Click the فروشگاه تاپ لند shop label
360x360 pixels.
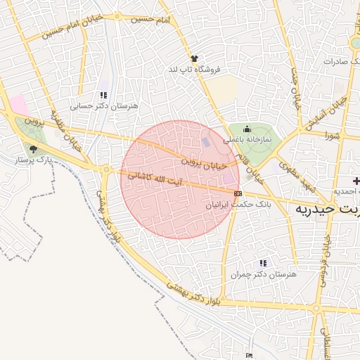194,70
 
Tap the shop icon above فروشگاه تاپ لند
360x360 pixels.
194,58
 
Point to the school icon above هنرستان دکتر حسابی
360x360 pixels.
103,95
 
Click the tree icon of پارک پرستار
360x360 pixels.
32,148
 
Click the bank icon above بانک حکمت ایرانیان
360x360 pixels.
238,193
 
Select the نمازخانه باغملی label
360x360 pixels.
247,141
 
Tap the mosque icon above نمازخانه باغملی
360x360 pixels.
247,129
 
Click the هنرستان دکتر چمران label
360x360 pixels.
264,275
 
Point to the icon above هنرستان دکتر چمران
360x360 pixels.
264,263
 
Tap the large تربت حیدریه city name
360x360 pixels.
327,210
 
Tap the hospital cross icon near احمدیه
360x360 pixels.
356,181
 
